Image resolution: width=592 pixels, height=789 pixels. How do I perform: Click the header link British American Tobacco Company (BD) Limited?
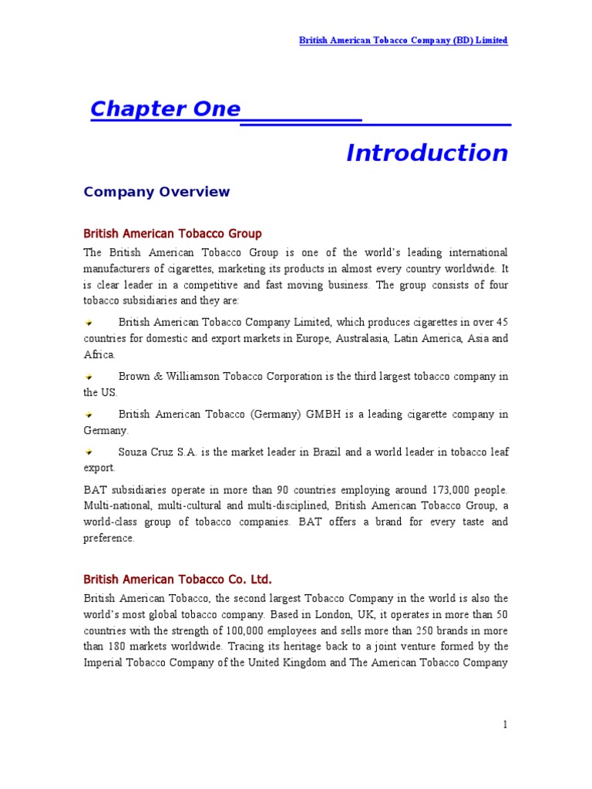coord(403,40)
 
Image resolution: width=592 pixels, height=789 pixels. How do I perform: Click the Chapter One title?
coord(165,109)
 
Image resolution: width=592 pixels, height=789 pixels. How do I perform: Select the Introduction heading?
coord(427,153)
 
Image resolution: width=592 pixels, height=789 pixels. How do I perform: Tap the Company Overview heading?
coord(156,192)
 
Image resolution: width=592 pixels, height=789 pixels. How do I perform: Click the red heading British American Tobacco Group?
coord(173,233)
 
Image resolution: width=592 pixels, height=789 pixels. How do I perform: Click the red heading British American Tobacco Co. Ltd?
coord(177,579)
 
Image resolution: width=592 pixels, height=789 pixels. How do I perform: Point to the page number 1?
coord(505,724)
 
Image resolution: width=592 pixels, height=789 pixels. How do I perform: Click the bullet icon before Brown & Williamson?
coord(89,377)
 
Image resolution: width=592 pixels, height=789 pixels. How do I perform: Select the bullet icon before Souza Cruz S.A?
coord(89,452)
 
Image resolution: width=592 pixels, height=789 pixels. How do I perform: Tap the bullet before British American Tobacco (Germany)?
coord(89,415)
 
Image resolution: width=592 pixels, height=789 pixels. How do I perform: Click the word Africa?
coord(99,354)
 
